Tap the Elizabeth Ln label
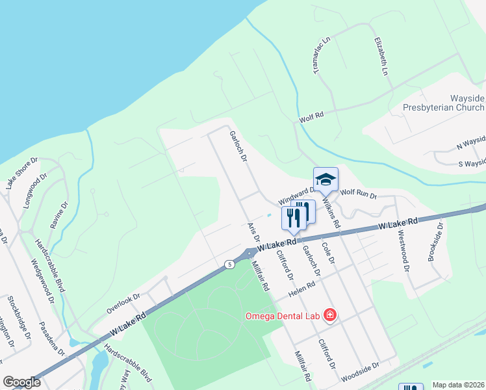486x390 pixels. tap(381, 56)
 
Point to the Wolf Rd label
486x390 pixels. tap(311, 118)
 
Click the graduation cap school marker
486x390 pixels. tap(326, 179)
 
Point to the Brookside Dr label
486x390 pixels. tap(435, 242)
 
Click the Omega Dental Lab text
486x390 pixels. tap(282, 317)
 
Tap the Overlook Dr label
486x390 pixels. tap(123, 302)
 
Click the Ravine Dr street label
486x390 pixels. tap(59, 218)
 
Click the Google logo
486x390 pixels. tap(21, 382)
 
